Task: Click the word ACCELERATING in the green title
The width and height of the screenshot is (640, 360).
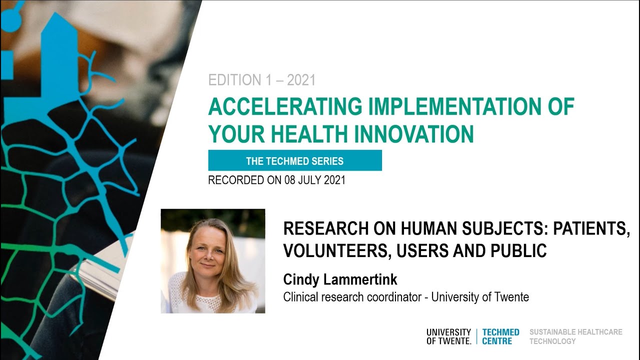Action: pyautogui.click(x=285, y=106)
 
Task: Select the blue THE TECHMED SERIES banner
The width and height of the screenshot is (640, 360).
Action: pyautogui.click(x=295, y=160)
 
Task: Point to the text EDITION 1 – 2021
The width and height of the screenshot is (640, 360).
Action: pyautogui.click(x=261, y=79)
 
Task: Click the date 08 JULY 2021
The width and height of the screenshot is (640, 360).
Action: pyautogui.click(x=315, y=180)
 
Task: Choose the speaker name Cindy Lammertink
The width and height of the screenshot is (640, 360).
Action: pyautogui.click(x=340, y=279)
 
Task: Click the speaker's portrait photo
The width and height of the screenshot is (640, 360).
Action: pyautogui.click(x=213, y=261)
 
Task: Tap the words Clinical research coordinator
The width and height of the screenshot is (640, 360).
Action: pyautogui.click(x=352, y=297)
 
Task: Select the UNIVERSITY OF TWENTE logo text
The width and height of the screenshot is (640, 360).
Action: pyautogui.click(x=448, y=336)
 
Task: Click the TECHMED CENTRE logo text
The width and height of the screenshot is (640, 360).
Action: pyautogui.click(x=500, y=336)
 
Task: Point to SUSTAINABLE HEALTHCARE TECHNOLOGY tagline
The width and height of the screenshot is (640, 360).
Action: pyautogui.click(x=575, y=336)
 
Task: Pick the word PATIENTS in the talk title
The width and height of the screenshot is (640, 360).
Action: pyautogui.click(x=591, y=229)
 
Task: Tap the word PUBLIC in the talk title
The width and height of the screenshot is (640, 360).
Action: pyautogui.click(x=518, y=250)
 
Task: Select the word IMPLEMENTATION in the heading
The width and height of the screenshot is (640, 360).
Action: pyautogui.click(x=455, y=106)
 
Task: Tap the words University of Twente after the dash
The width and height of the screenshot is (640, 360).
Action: pyautogui.click(x=480, y=297)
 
